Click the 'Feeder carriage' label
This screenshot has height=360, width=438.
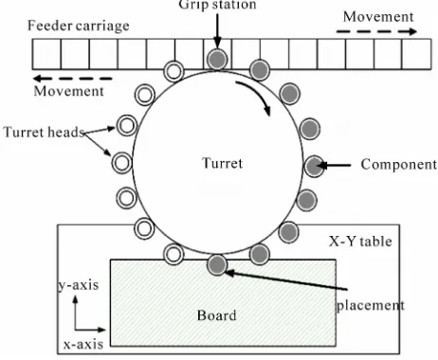pos(79,26)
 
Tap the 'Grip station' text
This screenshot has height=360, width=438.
pos(217,5)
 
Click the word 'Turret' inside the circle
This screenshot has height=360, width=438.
pos(222,163)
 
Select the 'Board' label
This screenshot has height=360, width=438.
pos(217,315)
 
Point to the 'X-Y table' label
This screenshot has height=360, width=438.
pos(360,242)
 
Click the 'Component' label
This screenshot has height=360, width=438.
pos(399,165)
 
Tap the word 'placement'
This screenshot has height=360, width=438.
pos(371,306)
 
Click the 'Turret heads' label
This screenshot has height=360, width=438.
pos(44,132)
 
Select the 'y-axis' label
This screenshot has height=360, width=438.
pos(79,285)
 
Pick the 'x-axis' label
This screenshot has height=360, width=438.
pos(83,344)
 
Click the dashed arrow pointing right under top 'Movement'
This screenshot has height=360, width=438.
pos(376,31)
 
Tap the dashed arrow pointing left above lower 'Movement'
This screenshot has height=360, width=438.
pos(73,79)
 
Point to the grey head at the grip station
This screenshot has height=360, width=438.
pos(217,59)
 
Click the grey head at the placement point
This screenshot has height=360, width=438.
pos(217,264)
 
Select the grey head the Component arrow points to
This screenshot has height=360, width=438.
pos(315,166)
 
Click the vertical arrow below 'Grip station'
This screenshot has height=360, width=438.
pos(217,31)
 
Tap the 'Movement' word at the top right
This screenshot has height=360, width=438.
pos(378,17)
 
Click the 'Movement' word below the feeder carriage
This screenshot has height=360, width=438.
pos(68,91)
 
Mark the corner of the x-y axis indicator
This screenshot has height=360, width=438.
pos(75,330)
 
